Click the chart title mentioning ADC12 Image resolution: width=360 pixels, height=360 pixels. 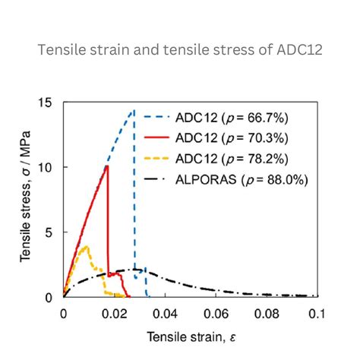coord(179,51)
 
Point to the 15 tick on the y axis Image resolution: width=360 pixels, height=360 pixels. coord(49,103)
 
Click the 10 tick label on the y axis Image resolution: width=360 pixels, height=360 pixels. coord(49,167)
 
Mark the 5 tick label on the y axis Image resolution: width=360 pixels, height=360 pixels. coord(52,232)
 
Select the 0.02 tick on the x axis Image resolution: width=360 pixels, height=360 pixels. coord(114,313)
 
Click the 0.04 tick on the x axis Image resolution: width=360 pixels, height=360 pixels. coord(165,313)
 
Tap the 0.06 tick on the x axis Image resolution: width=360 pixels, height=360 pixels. coord(216,313)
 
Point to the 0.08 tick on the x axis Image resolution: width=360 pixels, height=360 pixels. coord(267,313)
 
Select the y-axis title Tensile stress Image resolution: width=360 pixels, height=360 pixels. coord(27,199)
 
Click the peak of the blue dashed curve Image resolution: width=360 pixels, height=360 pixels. coord(134,111)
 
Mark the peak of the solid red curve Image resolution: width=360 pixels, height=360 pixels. coord(107,166)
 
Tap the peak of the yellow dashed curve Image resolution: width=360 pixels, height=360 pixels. coord(85,246)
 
